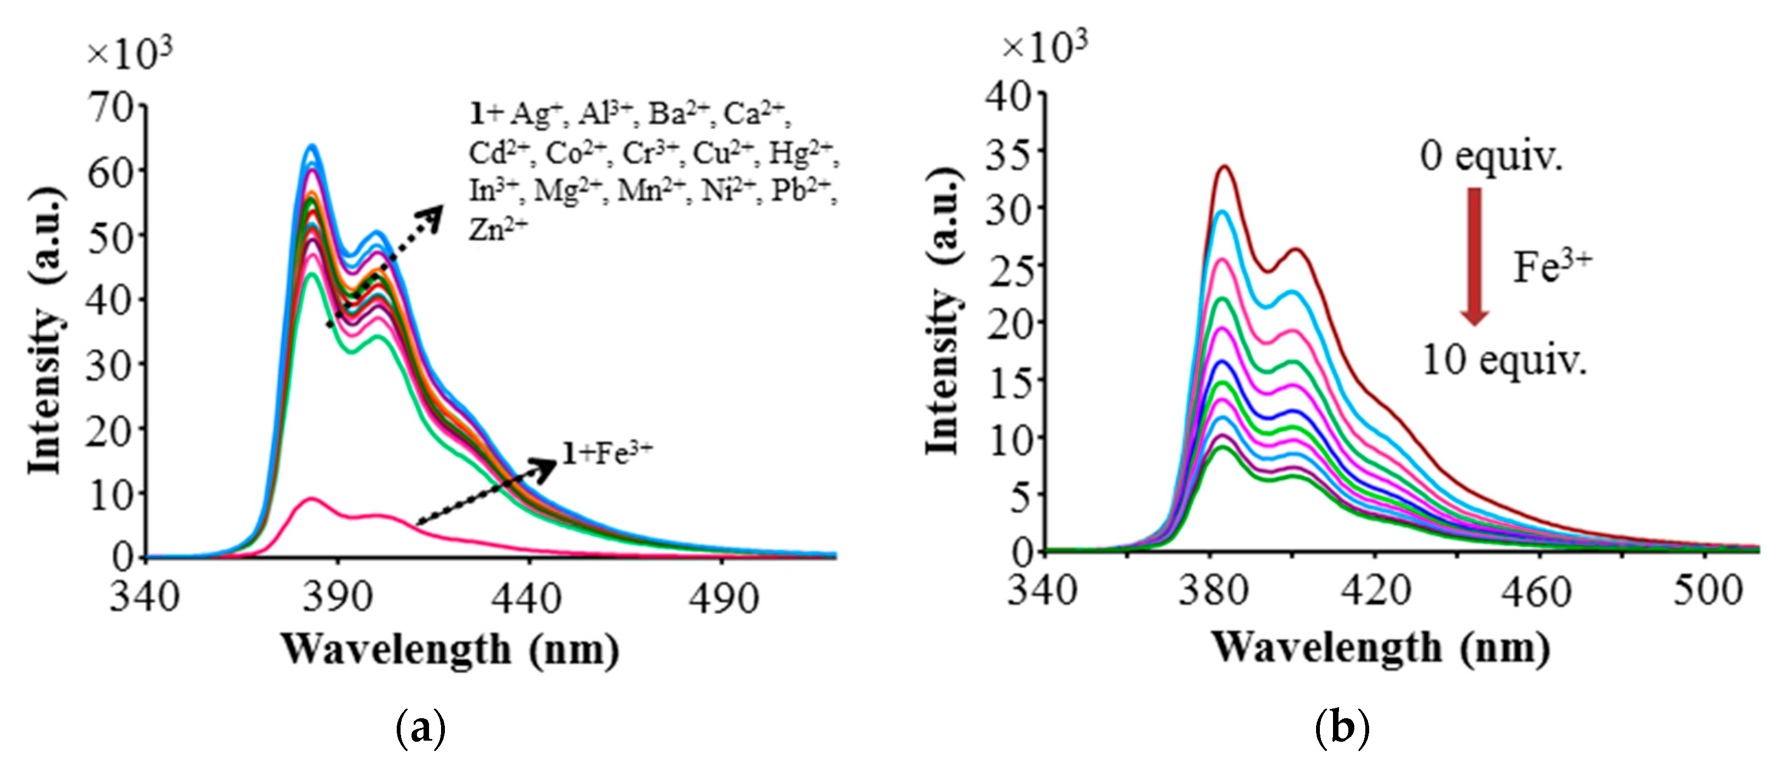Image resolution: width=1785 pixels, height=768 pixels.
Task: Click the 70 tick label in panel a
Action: [109, 107]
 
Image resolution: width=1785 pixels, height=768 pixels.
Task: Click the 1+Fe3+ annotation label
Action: [607, 453]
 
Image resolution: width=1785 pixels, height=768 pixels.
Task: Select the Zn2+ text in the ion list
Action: [497, 229]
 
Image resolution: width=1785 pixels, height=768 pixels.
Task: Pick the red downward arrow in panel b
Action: [1475, 256]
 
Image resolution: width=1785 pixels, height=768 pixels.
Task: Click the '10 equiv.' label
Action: [1504, 360]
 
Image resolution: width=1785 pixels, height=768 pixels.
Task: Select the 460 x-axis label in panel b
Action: [1540, 592]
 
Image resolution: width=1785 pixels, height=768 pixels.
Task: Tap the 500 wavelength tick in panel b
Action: [1707, 592]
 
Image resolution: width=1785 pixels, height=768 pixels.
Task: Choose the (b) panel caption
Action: [1342, 729]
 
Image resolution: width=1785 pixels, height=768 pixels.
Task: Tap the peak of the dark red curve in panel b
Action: [1225, 166]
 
